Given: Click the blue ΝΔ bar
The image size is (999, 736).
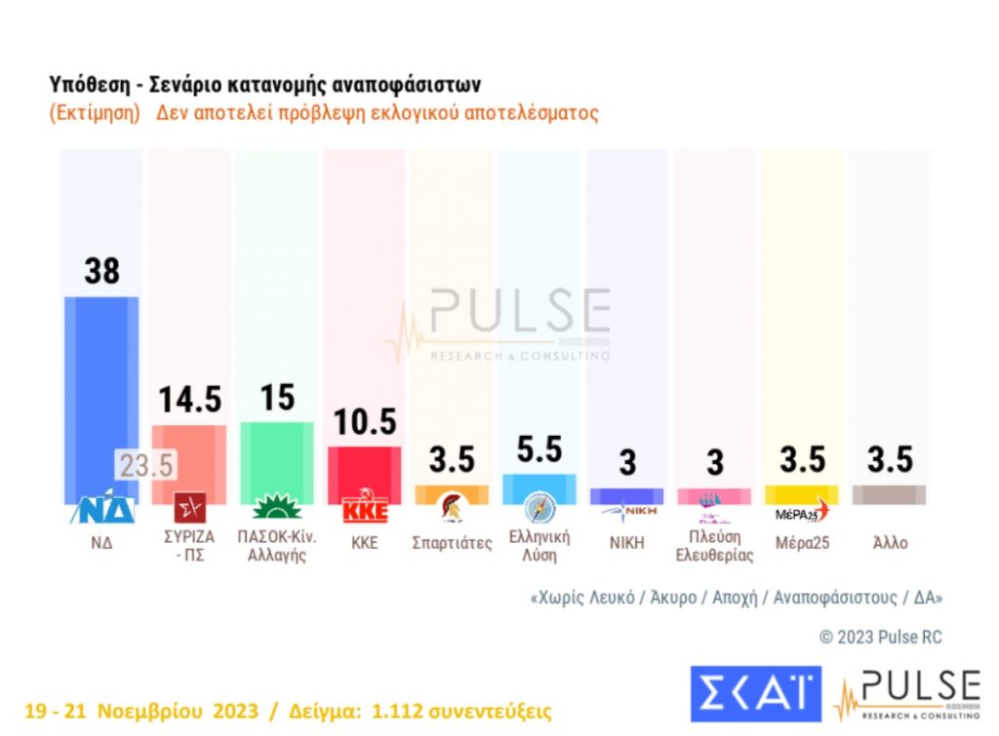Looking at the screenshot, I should tap(100, 390).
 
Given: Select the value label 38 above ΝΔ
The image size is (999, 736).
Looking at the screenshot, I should tap(101, 270).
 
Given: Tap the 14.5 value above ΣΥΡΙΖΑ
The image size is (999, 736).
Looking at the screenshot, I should tap(190, 399).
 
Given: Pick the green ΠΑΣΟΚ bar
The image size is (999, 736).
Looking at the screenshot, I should tap(277, 458).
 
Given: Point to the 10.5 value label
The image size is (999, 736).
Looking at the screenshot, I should tap(364, 421).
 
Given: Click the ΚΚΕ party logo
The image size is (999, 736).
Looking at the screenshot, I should tap(364, 510).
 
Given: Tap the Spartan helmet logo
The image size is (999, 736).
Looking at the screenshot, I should tap(451, 509).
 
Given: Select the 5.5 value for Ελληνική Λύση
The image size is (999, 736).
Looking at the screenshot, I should tap(539, 449).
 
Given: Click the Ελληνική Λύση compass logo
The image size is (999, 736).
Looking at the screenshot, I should tap(539, 509).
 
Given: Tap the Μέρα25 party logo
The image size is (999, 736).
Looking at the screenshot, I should tap(802, 510).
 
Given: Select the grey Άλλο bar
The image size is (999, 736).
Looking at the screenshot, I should tap(890, 494).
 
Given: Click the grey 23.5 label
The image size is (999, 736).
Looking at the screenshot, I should tap(146, 465).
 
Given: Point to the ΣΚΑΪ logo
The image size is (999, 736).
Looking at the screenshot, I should tap(755, 694).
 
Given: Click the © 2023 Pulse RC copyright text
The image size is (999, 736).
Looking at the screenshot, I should tap(880, 637).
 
